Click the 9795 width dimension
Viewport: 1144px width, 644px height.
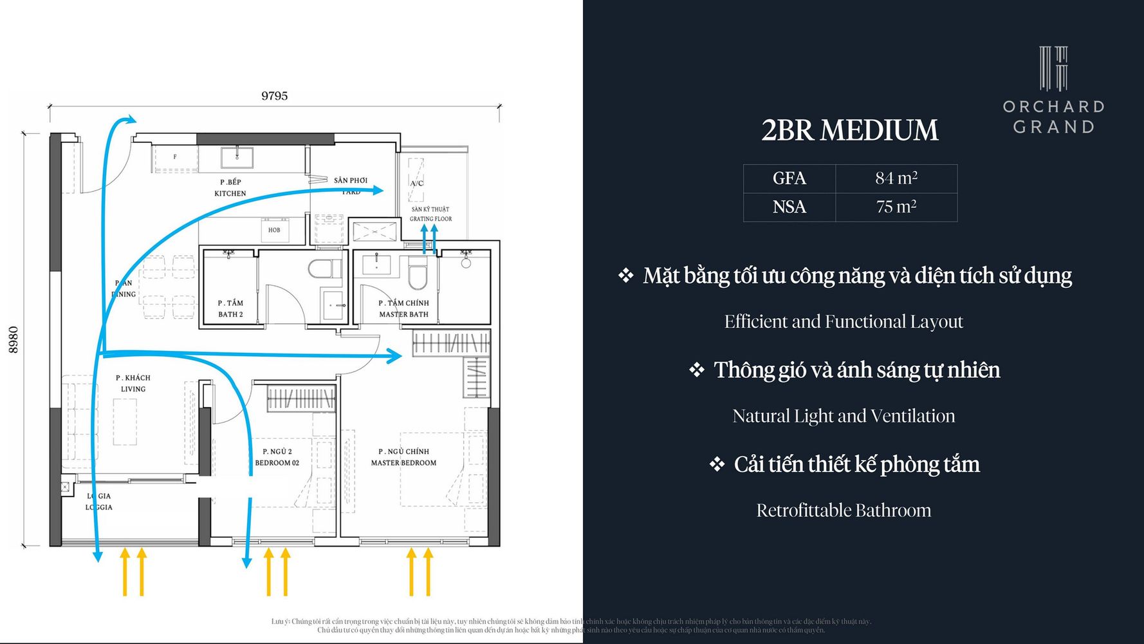tap(274, 96)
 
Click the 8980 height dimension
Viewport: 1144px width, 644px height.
tap(14, 339)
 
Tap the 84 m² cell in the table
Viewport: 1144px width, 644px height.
tap(896, 178)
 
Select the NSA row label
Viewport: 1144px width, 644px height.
tap(789, 207)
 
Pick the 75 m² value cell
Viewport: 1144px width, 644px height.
tap(896, 207)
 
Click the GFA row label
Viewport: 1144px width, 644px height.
tap(789, 178)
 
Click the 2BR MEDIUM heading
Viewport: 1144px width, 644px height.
tap(849, 130)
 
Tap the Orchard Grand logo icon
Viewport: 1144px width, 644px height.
tap(1053, 68)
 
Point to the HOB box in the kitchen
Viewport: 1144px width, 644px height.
tap(274, 230)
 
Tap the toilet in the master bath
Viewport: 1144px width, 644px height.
tap(418, 276)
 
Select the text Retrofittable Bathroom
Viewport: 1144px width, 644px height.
tap(844, 511)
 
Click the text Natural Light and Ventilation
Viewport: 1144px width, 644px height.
tap(844, 416)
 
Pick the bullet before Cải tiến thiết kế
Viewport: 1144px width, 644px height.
tap(717, 464)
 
